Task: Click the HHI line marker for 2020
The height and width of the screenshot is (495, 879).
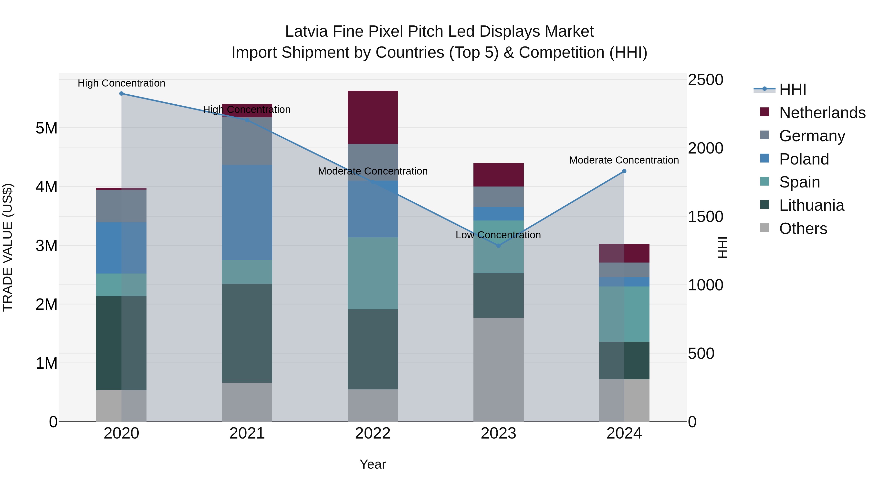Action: tap(122, 94)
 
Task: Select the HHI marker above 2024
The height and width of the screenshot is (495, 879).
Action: tap(624, 171)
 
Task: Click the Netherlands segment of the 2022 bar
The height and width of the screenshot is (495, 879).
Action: tap(373, 117)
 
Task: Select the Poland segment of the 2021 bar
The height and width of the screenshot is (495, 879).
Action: tap(247, 212)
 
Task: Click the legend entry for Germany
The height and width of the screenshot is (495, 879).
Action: tap(812, 136)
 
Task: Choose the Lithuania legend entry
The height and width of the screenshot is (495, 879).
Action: tap(811, 205)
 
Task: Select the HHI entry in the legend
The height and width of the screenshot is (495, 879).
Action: tap(792, 89)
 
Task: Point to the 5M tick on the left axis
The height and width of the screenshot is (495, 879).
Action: tap(46, 128)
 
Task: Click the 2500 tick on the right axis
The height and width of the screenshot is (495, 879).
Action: tap(705, 80)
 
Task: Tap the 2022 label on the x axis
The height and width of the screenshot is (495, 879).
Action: tap(373, 433)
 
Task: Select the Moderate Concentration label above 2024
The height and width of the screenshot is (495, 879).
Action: tap(624, 160)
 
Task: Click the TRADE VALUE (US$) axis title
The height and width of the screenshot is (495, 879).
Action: tap(8, 247)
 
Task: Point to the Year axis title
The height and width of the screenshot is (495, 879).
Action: tap(373, 464)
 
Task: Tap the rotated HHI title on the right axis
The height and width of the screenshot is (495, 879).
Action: tap(723, 247)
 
